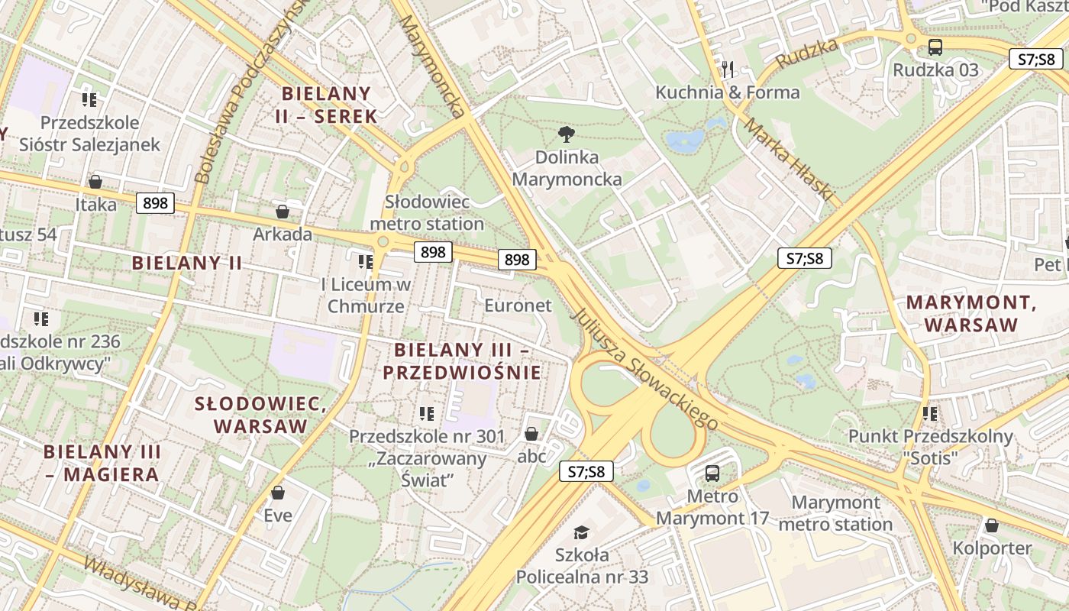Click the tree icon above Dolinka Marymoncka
pos(566,135)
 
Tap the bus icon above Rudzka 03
pos(935,47)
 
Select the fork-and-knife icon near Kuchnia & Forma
pos(728,70)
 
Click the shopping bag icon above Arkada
pos(283,212)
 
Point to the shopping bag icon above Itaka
pos(95,182)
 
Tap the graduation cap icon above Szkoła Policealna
pos(582,532)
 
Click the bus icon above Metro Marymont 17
pos(712,474)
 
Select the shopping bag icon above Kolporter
pos(991,525)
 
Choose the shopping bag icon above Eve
pos(278,493)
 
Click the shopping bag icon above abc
pos(531,434)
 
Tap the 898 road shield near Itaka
pos(155,203)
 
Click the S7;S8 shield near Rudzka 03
pos(1035,59)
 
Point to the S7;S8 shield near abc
pos(586,471)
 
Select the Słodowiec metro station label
pos(426,212)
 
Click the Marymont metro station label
pos(835,513)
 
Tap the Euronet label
pos(518,305)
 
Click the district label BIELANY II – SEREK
pos(327,105)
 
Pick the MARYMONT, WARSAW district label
pos(971,313)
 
